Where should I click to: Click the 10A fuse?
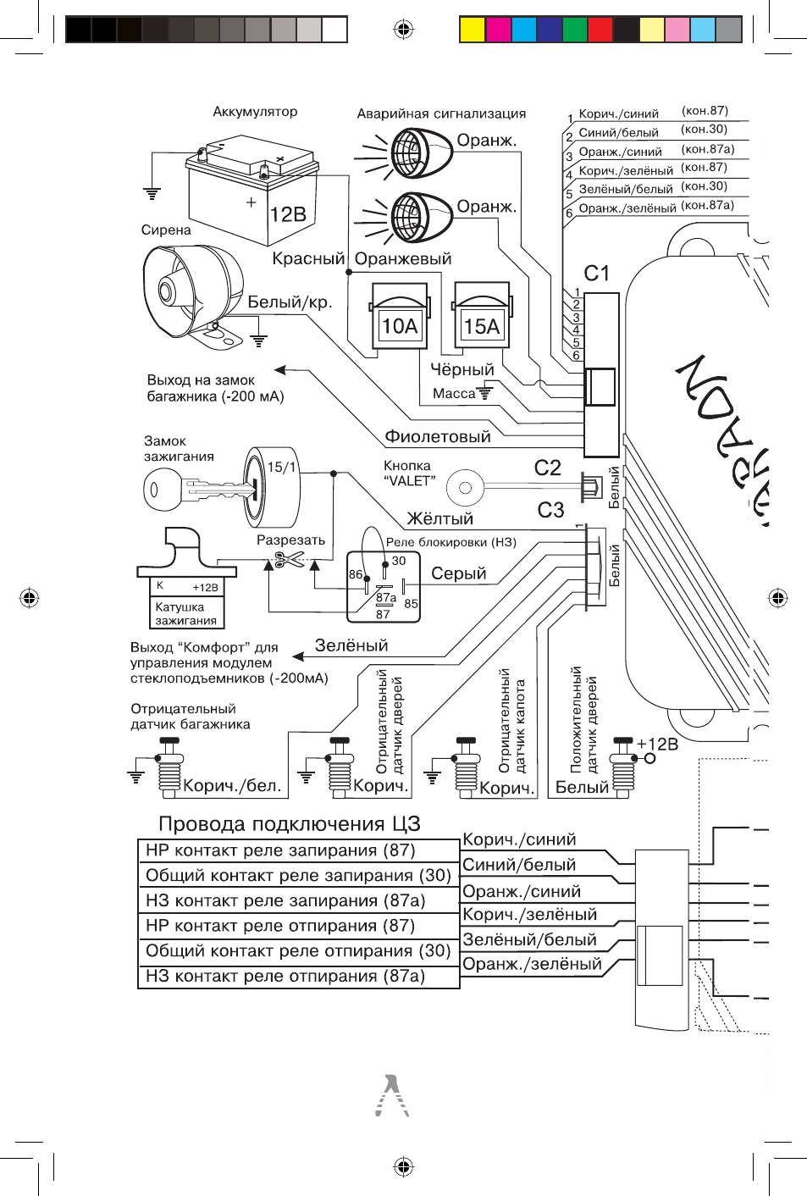click(399, 316)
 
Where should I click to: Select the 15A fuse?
click(482, 316)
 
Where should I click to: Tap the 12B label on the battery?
click(288, 214)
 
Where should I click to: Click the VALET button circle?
click(465, 488)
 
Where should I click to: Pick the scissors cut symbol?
click(289, 560)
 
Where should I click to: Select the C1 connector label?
click(596, 274)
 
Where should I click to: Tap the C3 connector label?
click(550, 510)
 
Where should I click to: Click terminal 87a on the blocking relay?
click(386, 597)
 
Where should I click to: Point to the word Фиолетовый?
click(438, 436)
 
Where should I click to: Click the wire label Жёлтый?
click(439, 518)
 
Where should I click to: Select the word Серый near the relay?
click(458, 573)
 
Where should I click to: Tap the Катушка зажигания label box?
click(186, 613)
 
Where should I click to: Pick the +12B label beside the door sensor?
click(657, 744)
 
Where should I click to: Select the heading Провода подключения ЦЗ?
click(290, 824)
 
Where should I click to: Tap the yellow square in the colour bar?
click(473, 30)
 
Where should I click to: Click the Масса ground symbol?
click(485, 394)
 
